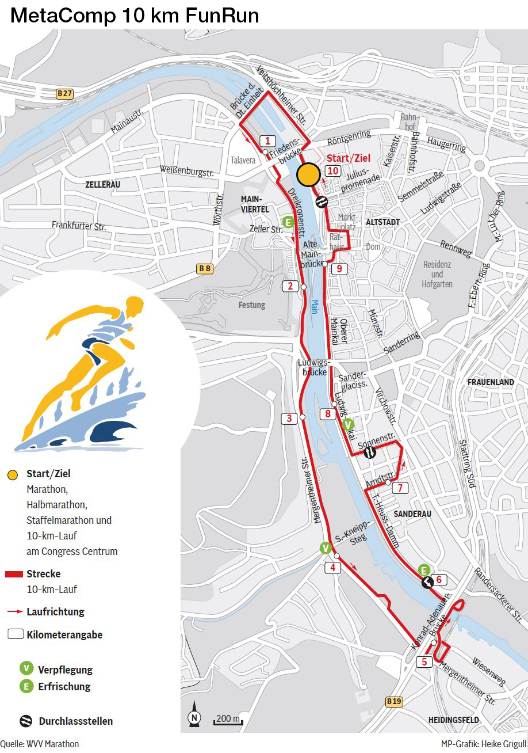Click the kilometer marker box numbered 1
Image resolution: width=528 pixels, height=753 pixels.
(x=267, y=140)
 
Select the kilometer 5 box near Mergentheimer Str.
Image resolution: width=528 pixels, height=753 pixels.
(x=424, y=662)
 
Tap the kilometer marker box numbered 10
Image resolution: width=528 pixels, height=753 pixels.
(x=332, y=171)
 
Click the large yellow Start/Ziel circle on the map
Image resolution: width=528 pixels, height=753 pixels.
(x=309, y=175)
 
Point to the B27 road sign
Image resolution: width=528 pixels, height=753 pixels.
(x=65, y=93)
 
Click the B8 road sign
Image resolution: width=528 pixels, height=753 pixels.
(x=204, y=268)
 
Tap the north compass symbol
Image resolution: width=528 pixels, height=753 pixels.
(x=194, y=716)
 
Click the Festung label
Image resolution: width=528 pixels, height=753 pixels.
(x=252, y=305)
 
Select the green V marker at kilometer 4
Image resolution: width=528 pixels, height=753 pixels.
(x=326, y=547)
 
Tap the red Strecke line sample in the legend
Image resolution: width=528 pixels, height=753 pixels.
(x=14, y=574)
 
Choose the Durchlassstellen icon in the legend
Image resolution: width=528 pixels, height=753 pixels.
(x=25, y=721)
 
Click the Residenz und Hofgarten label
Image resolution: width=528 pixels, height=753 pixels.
(x=437, y=275)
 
